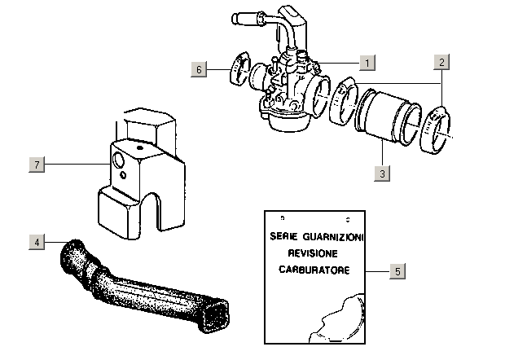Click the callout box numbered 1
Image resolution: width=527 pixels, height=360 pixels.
(x=367, y=62)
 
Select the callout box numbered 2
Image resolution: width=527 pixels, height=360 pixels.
(x=441, y=62)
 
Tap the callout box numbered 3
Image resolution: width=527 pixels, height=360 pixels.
(x=380, y=173)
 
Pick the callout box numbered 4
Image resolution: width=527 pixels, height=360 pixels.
(x=34, y=241)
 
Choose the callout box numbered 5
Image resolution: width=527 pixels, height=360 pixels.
(x=396, y=270)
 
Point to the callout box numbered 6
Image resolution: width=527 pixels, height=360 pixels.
(x=199, y=69)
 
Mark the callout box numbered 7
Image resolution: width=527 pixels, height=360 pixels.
(x=34, y=165)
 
